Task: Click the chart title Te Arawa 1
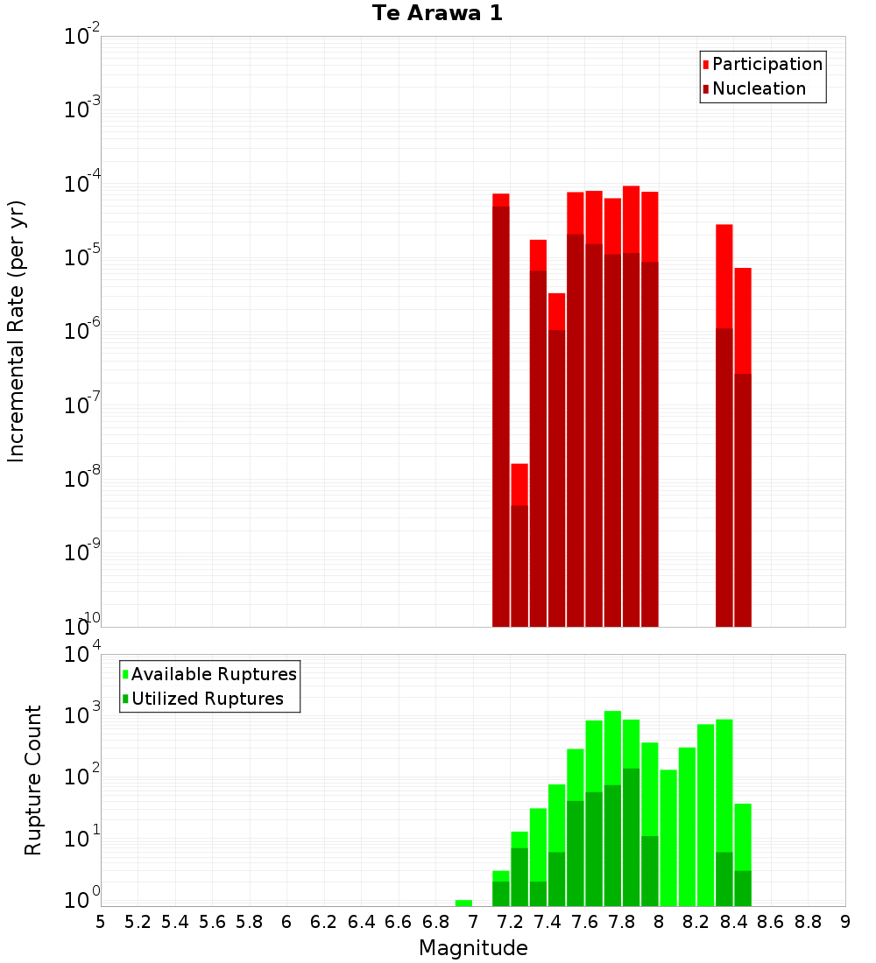click(437, 14)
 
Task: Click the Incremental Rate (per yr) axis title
click(17, 331)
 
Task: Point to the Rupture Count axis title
click(33, 780)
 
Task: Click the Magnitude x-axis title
click(473, 948)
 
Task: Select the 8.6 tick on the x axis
click(771, 922)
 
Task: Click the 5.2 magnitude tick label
click(138, 922)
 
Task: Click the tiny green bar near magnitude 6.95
click(463, 903)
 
